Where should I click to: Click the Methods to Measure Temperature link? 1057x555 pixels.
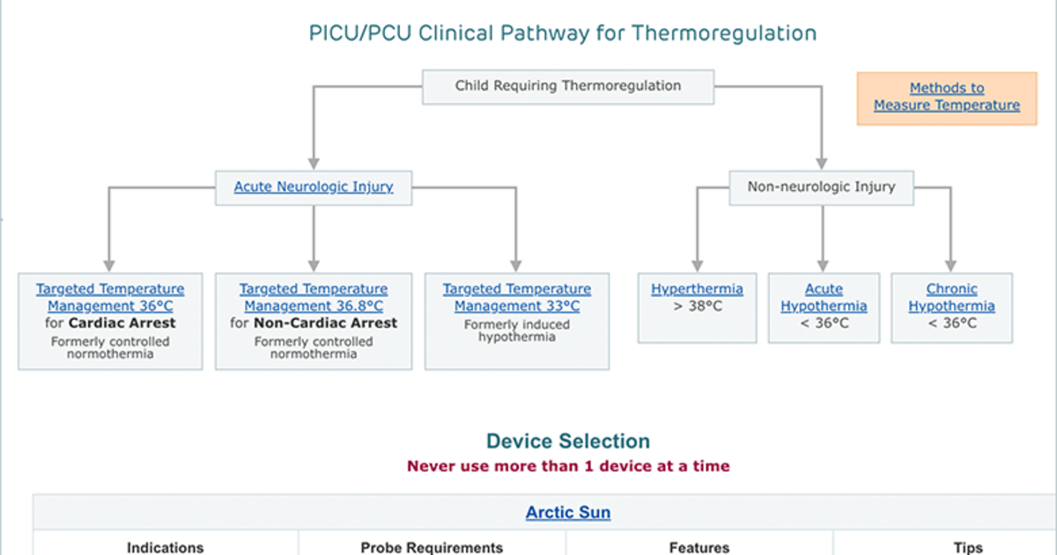947,96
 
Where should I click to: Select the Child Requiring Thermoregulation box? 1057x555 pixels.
568,87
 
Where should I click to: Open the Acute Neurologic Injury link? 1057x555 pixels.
314,187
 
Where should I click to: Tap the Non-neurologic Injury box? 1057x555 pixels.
822,188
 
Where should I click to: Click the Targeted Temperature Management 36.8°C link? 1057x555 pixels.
314,298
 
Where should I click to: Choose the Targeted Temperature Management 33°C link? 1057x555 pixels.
517,298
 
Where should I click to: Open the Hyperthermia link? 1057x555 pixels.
697,289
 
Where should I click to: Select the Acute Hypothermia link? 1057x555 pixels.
824,298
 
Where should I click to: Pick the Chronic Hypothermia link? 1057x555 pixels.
952,298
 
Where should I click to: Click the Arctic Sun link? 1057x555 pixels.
568,512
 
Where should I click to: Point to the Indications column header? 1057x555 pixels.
166,547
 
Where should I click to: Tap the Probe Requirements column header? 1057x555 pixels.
432,547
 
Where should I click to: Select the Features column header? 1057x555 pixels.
699,547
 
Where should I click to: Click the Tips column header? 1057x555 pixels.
968,547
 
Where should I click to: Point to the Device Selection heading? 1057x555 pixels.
568,440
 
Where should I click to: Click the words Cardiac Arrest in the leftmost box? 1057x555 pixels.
122,322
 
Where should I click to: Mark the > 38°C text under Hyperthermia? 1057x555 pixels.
698,307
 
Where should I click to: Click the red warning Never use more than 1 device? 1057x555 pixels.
568,466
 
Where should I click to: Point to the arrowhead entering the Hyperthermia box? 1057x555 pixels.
698,266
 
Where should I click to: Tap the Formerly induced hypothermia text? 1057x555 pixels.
517,330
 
